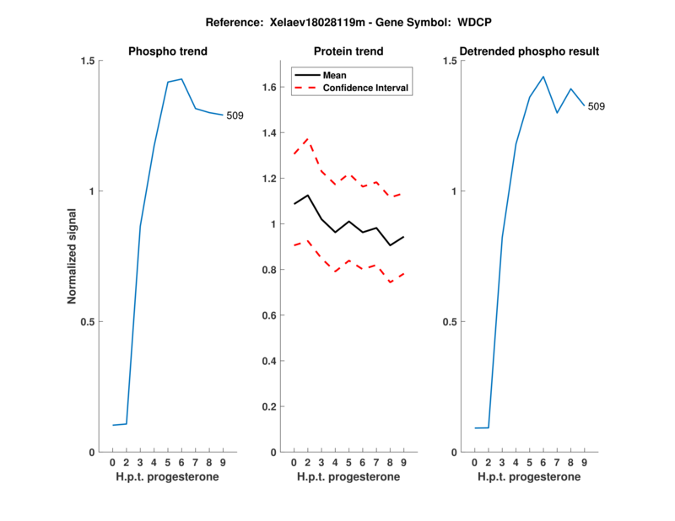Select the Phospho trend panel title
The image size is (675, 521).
168,51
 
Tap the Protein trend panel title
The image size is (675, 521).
348,51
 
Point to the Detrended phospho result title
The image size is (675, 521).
530,51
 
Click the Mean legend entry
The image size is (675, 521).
334,75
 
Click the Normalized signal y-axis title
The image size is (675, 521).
72,256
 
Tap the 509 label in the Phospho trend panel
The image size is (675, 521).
235,115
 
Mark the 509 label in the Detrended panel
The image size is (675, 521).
596,107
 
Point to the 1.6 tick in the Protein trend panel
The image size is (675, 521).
269,87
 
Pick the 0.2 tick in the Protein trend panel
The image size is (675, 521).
269,406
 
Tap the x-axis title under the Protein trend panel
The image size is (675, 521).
348,477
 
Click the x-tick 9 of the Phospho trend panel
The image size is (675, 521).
223,463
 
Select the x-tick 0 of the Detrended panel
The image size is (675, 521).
475,463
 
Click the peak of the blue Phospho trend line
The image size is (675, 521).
181,79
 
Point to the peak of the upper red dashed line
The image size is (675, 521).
307,138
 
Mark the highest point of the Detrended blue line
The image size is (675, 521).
543,77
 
